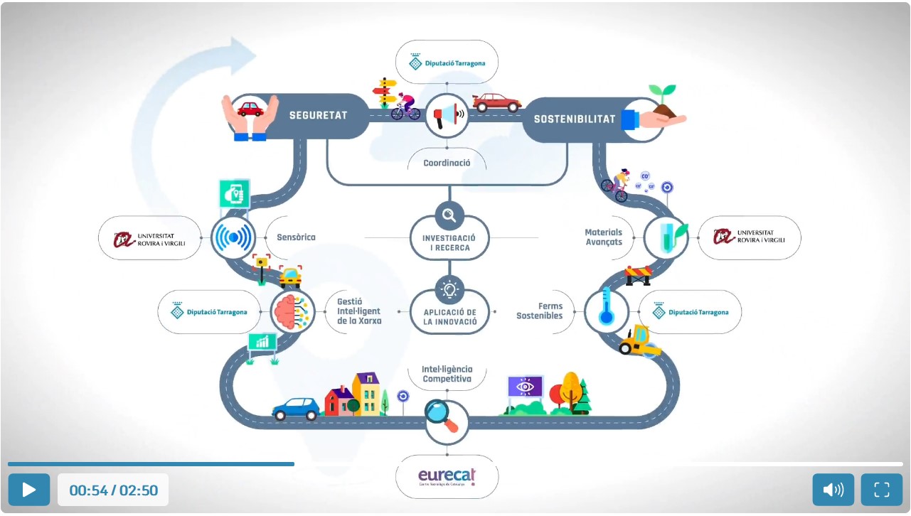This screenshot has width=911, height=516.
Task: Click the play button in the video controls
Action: point(29,490)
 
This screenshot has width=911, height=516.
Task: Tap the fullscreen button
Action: point(882,490)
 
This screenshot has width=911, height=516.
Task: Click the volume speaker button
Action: point(833,490)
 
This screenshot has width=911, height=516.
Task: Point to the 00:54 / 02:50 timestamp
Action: point(113,490)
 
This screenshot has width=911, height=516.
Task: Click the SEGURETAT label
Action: point(318,115)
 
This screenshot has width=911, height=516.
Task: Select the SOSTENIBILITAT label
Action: point(575,119)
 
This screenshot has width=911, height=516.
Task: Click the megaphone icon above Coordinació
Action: point(447,115)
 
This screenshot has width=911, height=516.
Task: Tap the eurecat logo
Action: point(447,477)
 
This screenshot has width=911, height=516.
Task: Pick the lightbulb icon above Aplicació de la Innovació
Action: point(449,289)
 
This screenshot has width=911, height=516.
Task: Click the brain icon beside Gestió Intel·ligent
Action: point(292,311)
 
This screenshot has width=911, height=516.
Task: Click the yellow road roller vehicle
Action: point(638,340)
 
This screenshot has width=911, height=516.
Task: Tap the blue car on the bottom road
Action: point(297,409)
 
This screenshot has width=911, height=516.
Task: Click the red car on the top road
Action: point(496,103)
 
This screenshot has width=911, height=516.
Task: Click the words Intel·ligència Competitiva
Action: point(447,374)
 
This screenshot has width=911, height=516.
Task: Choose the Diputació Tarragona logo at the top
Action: point(447,63)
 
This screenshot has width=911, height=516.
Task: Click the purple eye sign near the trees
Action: point(525,387)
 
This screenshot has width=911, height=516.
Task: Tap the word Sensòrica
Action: point(296,237)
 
